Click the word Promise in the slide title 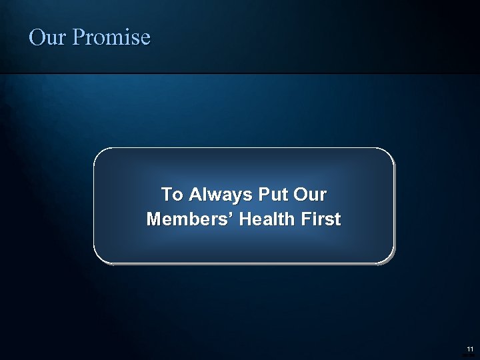point(111,37)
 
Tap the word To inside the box point(171,195)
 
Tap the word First point(323,219)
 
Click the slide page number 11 point(470,349)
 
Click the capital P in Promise point(78,37)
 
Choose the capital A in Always point(195,195)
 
